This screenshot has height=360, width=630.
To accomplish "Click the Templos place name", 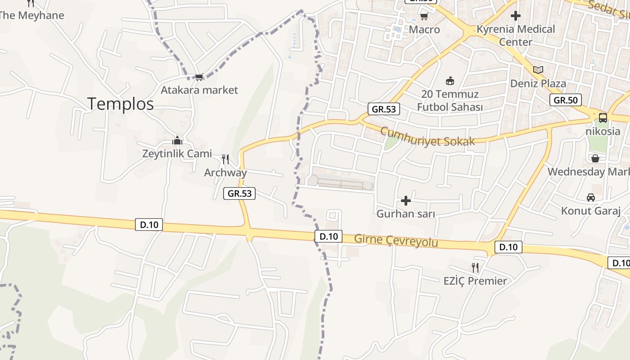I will (121, 104).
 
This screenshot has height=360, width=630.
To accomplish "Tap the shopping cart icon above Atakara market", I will (199, 77).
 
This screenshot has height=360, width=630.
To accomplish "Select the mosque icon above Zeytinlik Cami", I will (177, 140).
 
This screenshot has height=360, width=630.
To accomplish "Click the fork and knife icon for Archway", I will (225, 159).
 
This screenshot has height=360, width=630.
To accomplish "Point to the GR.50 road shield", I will (566, 100).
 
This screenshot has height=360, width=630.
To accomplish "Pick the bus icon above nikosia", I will (603, 118).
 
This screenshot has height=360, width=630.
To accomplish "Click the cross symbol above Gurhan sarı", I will (406, 200).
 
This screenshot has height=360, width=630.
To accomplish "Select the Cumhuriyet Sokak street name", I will (427, 137).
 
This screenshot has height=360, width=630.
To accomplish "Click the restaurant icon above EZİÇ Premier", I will (475, 268).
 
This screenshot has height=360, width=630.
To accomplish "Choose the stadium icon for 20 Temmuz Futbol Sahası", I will (450, 81).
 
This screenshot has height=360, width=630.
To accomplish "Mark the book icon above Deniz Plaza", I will (538, 70).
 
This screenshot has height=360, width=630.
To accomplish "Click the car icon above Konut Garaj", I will (591, 197).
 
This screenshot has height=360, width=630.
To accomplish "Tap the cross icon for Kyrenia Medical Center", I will (516, 16).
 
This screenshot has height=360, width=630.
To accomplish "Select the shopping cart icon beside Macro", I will (424, 17).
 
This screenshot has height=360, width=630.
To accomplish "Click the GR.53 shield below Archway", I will (239, 193).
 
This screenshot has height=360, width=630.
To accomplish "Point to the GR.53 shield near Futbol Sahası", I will (384, 108).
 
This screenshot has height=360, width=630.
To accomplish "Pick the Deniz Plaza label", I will (538, 84).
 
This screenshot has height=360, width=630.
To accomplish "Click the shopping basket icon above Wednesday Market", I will (595, 158).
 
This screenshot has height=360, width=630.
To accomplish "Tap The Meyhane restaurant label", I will (31, 15).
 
